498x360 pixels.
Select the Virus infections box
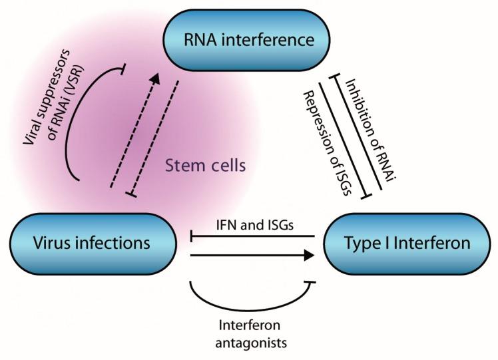click(91, 244)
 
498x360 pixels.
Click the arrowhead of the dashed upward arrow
click(154, 78)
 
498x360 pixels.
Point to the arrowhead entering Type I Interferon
click(308, 254)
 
